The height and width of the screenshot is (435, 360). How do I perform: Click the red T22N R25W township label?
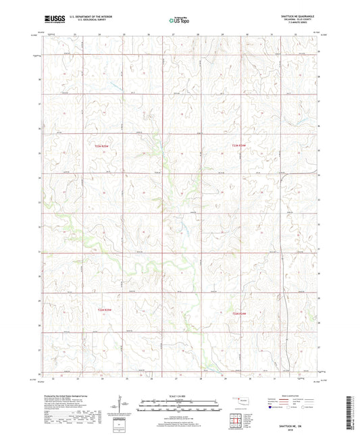click(x=101, y=145)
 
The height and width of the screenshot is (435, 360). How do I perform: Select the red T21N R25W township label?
click(x=101, y=310)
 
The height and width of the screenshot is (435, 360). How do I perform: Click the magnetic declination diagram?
click(x=119, y=407)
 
